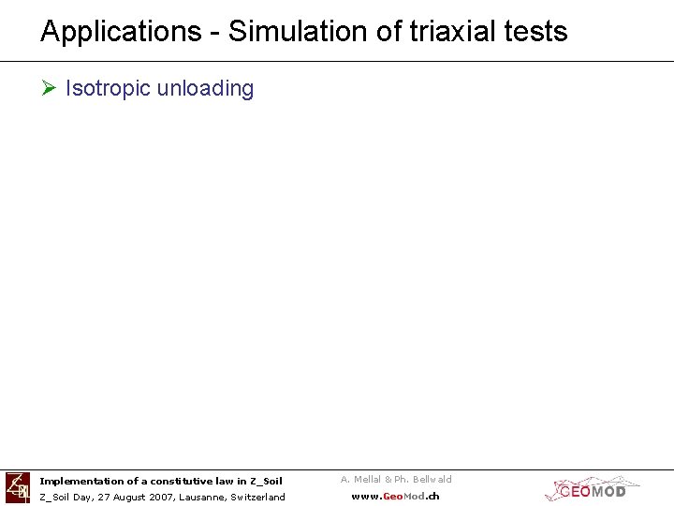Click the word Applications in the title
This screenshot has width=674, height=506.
pyautogui.click(x=120, y=32)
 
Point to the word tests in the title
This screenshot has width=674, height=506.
pyautogui.click(x=535, y=32)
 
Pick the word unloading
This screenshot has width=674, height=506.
pyautogui.click(x=205, y=88)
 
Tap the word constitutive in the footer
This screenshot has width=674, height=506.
pyautogui.click(x=180, y=481)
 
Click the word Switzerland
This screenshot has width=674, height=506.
pyautogui.click(x=257, y=497)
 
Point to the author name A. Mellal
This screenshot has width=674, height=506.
pyautogui.click(x=360, y=479)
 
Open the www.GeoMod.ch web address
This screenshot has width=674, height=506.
pyautogui.click(x=395, y=497)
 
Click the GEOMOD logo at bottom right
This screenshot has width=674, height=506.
pyautogui.click(x=592, y=488)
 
